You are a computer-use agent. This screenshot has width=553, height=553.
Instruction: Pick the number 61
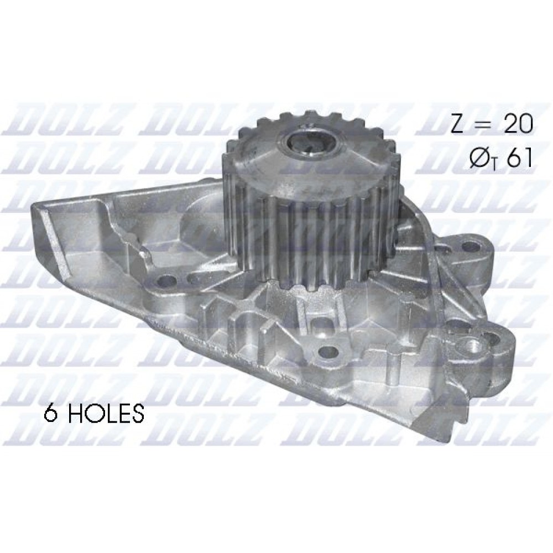click(519, 158)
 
